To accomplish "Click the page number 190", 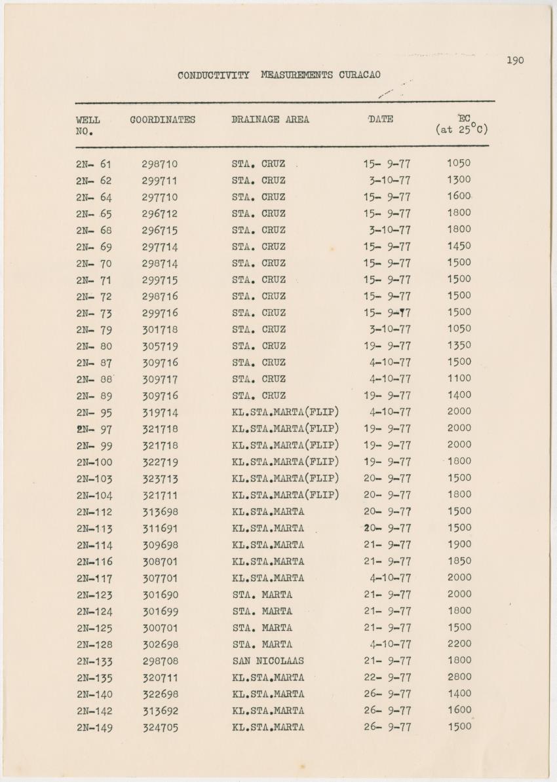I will click(515, 60).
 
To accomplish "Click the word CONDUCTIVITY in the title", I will click(213, 75).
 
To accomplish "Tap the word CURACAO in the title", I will click(359, 75).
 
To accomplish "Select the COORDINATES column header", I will click(163, 120).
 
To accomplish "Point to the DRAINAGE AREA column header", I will click(270, 120).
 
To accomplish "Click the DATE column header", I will click(381, 119).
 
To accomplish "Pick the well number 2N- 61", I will click(94, 164).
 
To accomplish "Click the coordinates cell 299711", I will click(160, 180).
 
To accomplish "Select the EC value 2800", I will click(459, 677).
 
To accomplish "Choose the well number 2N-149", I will click(94, 727).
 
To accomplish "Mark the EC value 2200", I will click(459, 644).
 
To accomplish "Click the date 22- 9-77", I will click(387, 677).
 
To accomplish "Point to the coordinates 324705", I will click(161, 727).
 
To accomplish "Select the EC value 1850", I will click(459, 561).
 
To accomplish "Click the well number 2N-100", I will click(94, 462).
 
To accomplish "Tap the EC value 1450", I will click(459, 246).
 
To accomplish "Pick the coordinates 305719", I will click(160, 346).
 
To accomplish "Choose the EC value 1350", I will click(459, 345).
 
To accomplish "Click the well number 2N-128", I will click(94, 644).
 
